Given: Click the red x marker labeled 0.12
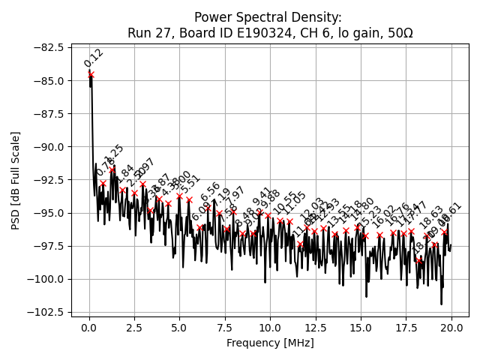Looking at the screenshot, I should coord(91,74).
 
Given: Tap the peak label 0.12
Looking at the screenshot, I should coord(94,58).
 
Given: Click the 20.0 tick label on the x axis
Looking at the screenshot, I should coord(451,328).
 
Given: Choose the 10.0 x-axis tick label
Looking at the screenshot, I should coord(270,328).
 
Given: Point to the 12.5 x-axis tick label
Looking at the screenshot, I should coord(316,328).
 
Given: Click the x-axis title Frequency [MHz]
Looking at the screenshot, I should coord(270,343).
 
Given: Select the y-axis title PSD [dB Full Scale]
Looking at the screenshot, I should coord(16,180).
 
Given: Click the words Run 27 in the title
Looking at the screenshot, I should coord(150,33).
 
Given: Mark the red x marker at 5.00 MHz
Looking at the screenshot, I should coord(179,196).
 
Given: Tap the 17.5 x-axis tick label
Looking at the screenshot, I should coord(406,328).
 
